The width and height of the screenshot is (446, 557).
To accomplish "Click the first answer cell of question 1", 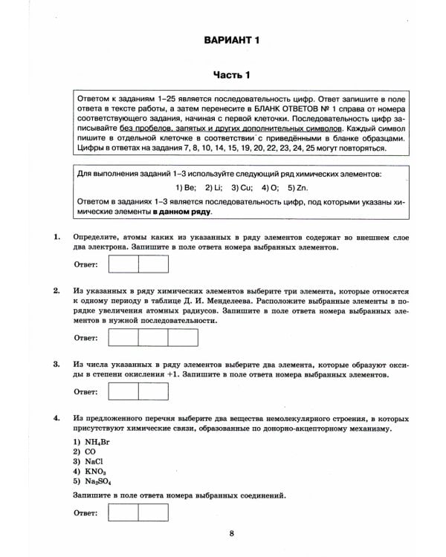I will coord(123,264).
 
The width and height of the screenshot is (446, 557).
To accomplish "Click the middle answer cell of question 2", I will coord(153,336).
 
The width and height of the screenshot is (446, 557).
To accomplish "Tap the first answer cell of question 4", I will coord(123,513).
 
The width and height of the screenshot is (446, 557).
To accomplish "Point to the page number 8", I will coord(232,532).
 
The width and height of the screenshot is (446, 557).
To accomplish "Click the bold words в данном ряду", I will coord(183,212).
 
